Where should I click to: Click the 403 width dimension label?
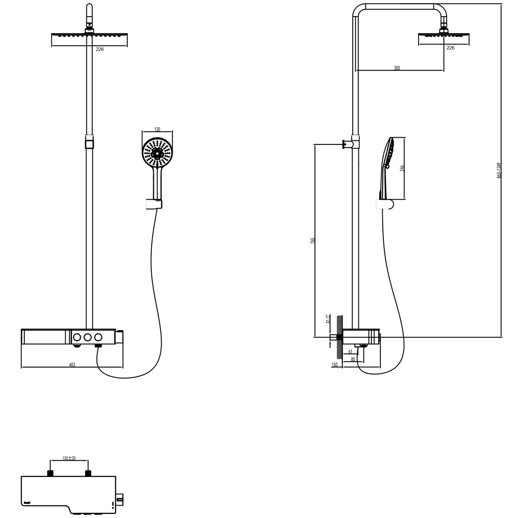(72, 365)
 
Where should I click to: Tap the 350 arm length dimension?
(397, 68)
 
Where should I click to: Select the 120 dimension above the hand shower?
(157, 129)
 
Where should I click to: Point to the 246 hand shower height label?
(402, 168)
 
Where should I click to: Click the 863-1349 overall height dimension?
(499, 170)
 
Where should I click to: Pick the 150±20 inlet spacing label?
(69, 458)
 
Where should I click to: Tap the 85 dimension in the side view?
(353, 358)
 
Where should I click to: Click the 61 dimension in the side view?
(350, 352)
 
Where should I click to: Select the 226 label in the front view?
(100, 49)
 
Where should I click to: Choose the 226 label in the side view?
(450, 48)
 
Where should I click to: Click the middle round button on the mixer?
(88, 337)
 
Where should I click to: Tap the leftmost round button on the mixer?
(77, 337)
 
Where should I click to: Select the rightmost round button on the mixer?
(98, 337)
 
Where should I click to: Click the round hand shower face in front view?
(157, 152)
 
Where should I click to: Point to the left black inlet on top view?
(50, 473)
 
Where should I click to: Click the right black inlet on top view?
(88, 473)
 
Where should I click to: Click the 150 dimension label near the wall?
(334, 365)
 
